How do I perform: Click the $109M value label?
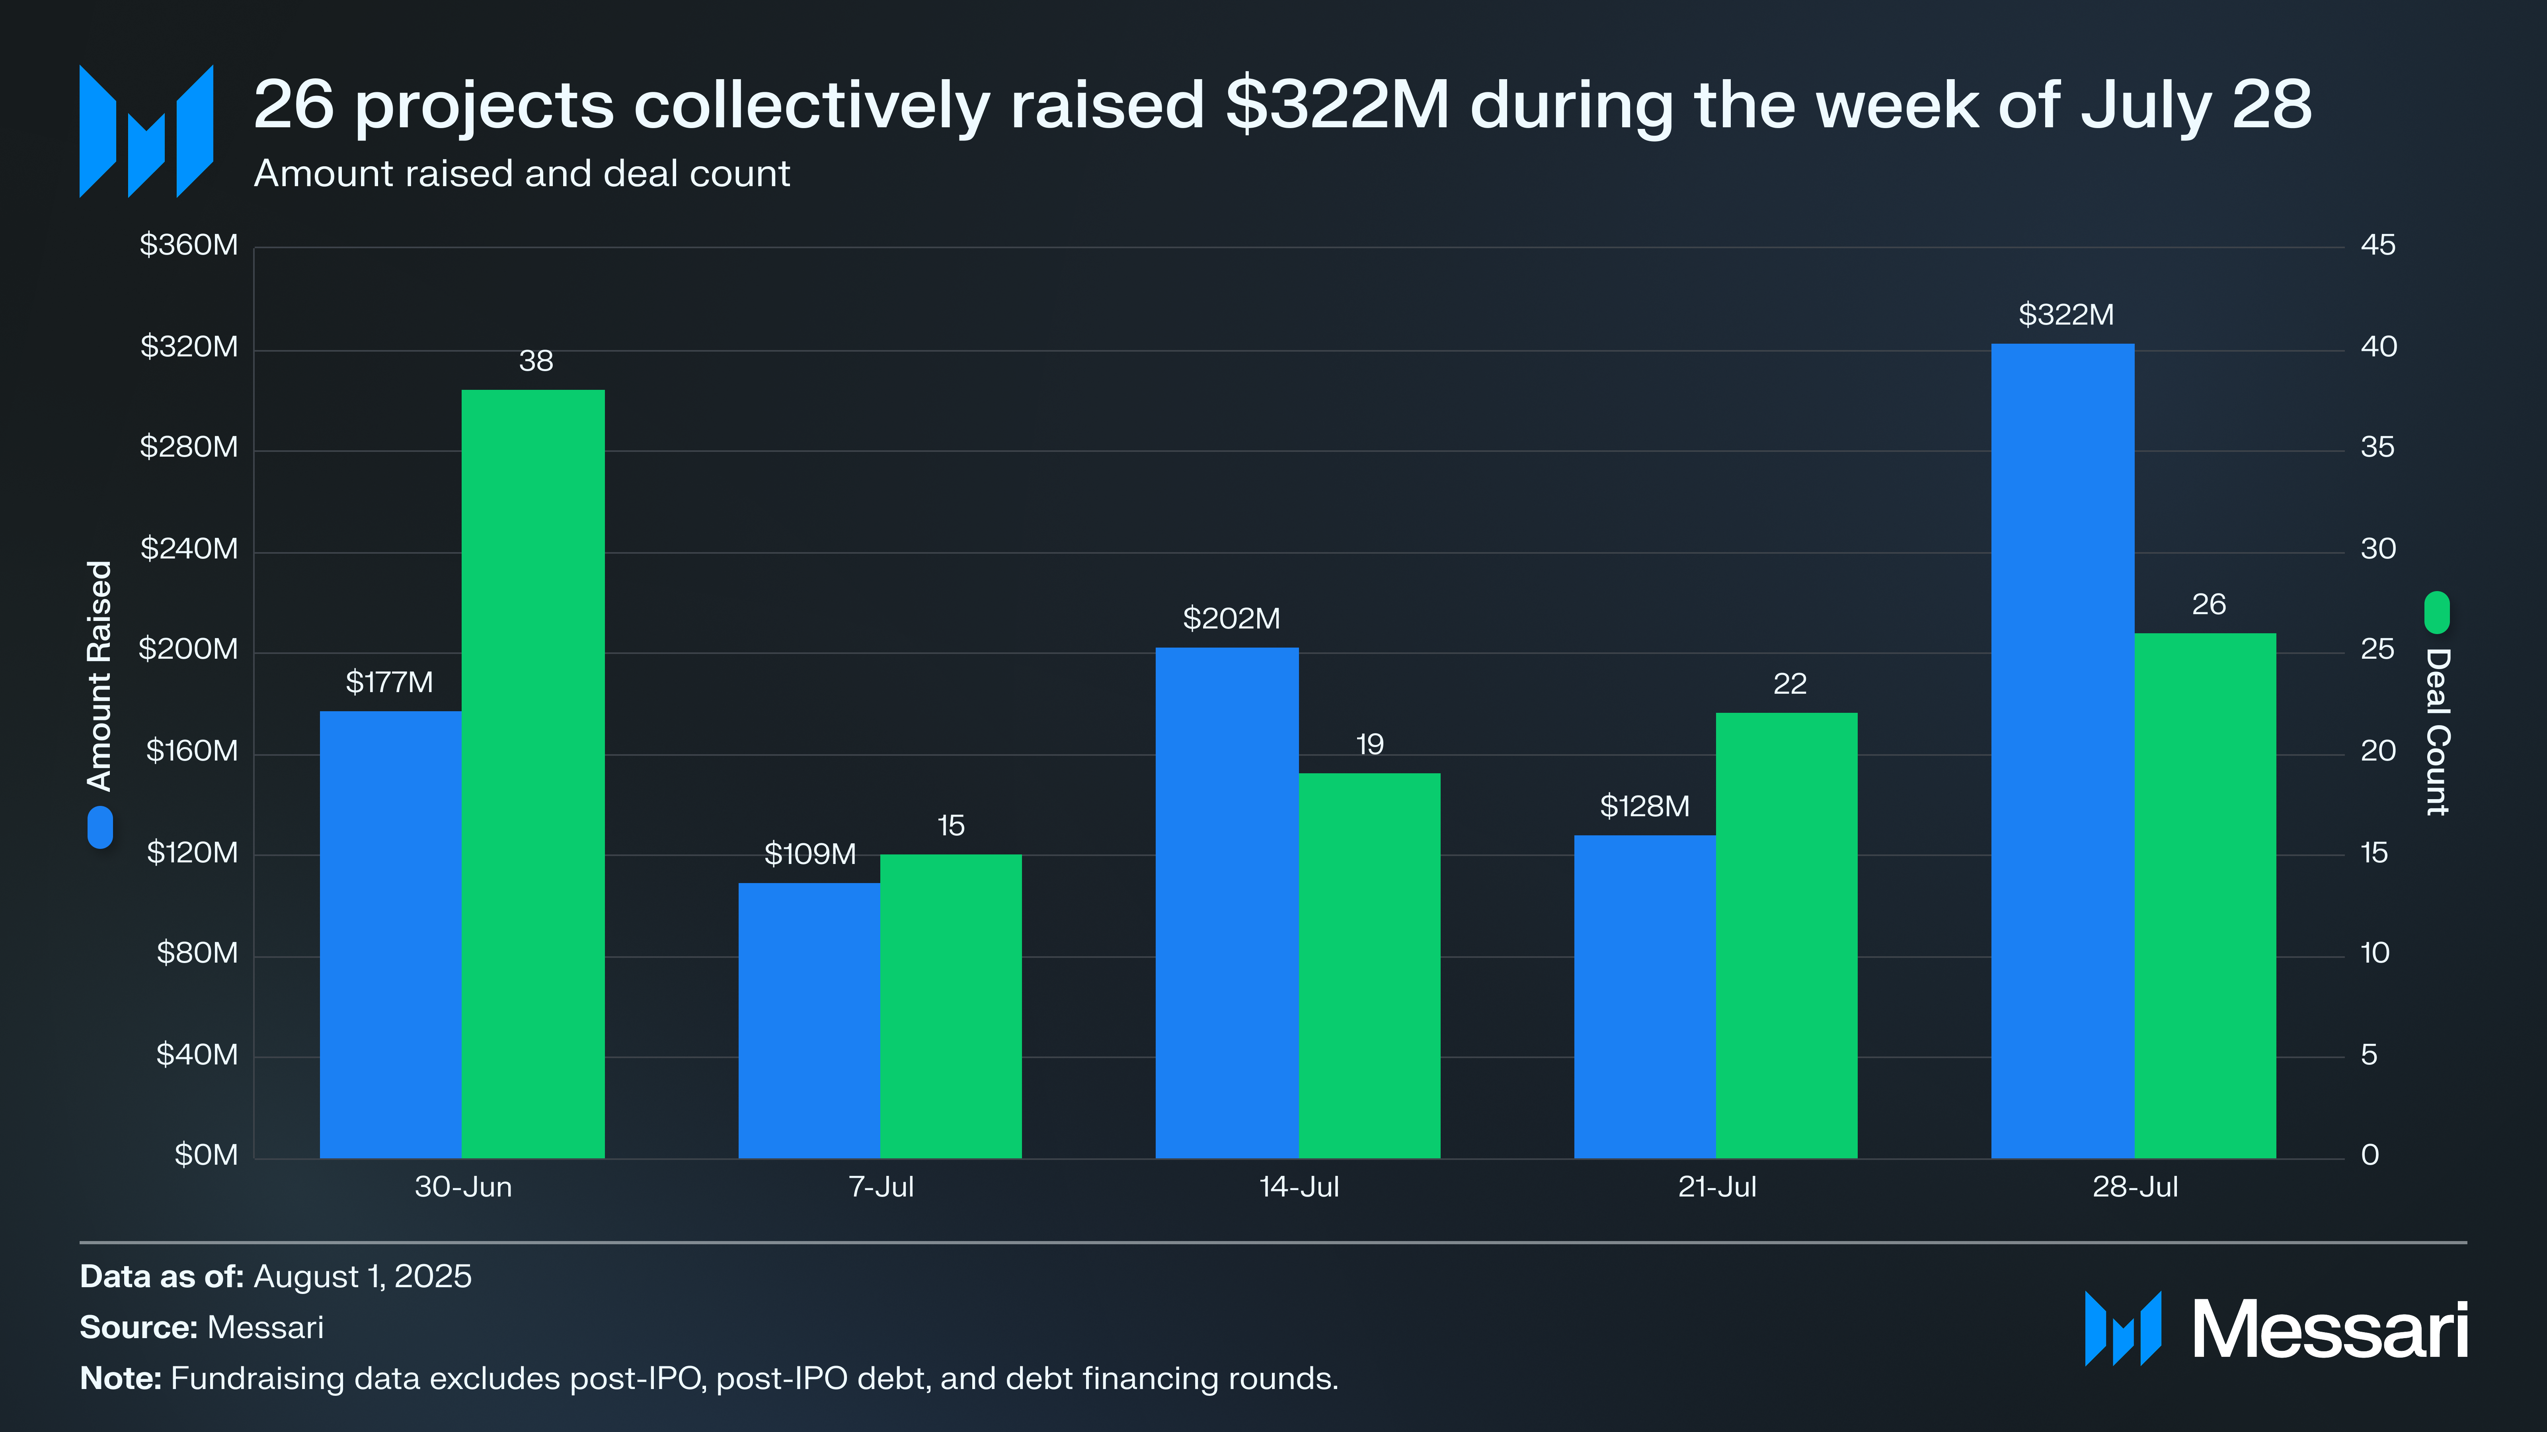(x=810, y=854)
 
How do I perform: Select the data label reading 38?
(x=536, y=361)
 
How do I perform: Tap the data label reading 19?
(x=1369, y=744)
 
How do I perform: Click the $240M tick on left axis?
(x=189, y=549)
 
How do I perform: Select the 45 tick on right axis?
(x=2378, y=245)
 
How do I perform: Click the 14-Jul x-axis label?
(x=1298, y=1187)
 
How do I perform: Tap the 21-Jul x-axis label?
(x=1716, y=1187)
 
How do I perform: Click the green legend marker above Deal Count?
(x=2437, y=613)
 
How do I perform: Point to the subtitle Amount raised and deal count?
(x=522, y=174)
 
